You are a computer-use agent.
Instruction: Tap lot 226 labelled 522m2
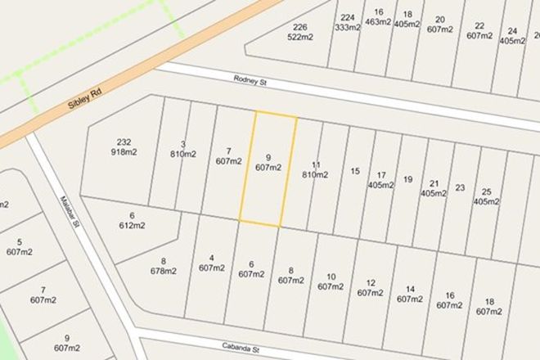pyautogui.click(x=299, y=32)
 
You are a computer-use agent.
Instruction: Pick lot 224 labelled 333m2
pyautogui.click(x=348, y=22)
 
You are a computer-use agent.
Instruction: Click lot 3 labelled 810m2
pyautogui.click(x=182, y=149)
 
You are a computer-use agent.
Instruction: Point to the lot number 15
pyautogui.click(x=354, y=171)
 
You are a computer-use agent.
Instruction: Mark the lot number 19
pyautogui.click(x=407, y=180)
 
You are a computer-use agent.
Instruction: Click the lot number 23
pyautogui.click(x=460, y=187)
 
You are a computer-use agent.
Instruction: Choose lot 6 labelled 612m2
pyautogui.click(x=131, y=221)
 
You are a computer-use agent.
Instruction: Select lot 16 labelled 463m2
pyautogui.click(x=377, y=17)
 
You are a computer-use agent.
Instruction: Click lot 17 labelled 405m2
pyautogui.click(x=380, y=180)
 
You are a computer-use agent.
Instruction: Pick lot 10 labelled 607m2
pyautogui.click(x=330, y=281)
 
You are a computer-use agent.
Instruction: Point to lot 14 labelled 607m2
pyautogui.click(x=409, y=294)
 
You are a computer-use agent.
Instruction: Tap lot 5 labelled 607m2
pyautogui.click(x=18, y=247)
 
